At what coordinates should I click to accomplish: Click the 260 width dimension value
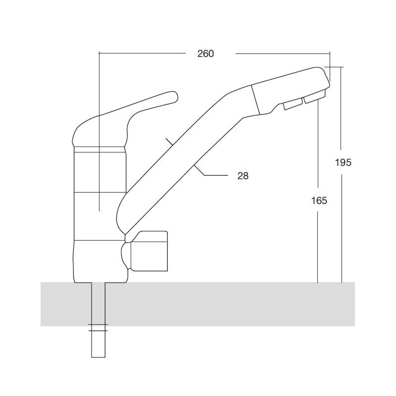click(x=205, y=54)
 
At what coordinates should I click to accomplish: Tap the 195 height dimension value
click(x=343, y=162)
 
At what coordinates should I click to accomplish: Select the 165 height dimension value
click(x=319, y=200)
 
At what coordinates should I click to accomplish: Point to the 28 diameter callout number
click(x=243, y=176)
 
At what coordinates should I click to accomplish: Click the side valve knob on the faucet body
click(x=149, y=251)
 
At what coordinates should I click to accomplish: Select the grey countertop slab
click(x=198, y=304)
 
